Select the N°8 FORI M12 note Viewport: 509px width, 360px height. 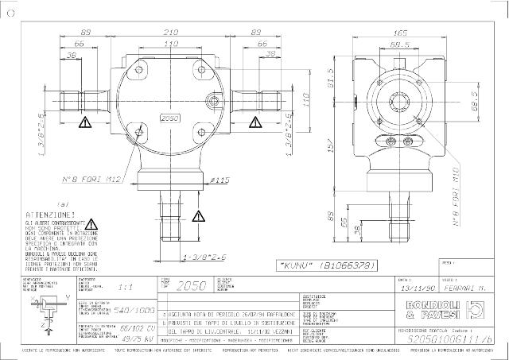pyautogui.click(x=91, y=181)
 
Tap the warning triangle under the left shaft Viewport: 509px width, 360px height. pyautogui.click(x=85, y=122)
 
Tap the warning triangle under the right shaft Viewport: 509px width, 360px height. pyautogui.click(x=256, y=122)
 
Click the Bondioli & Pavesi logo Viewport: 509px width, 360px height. pyautogui.click(x=449, y=310)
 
